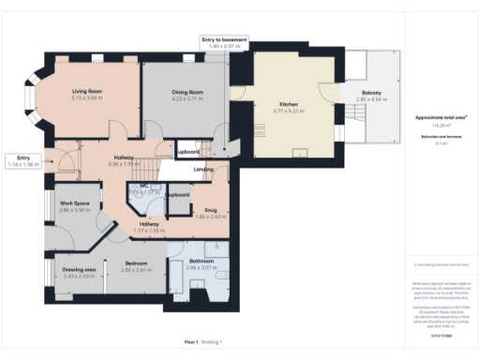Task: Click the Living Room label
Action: coord(86,91)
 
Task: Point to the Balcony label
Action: coord(371,92)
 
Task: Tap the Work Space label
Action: coord(75,203)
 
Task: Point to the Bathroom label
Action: coord(201,261)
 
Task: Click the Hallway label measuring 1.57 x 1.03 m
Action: coord(150,224)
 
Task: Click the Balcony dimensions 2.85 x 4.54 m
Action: coord(371,98)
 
